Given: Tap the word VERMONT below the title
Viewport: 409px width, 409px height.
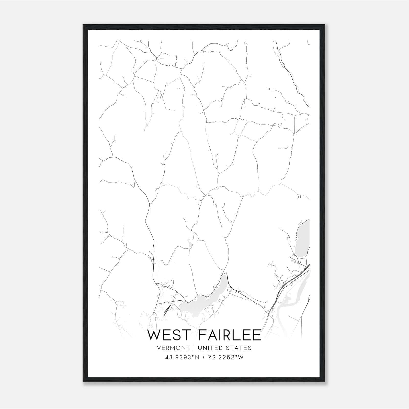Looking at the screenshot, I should click(174, 348).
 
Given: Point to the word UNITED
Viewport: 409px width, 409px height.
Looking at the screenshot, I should click(210, 348).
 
